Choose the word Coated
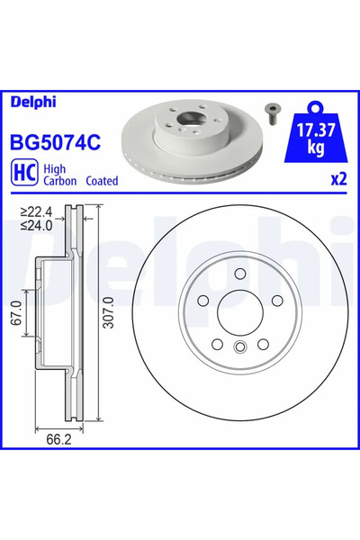click(x=102, y=180)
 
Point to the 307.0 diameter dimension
click(x=108, y=317)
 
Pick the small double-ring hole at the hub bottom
click(x=239, y=350)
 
